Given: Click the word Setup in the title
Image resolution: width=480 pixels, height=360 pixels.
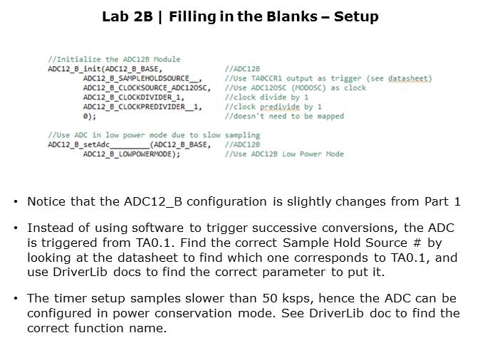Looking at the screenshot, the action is (x=356, y=17).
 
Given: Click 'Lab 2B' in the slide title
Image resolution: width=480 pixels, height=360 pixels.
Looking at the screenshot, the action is (x=127, y=16).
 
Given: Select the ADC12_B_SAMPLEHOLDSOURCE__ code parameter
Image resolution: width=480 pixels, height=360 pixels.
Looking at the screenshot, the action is (x=142, y=78).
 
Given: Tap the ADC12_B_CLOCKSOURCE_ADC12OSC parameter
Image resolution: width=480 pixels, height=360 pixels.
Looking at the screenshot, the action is (x=147, y=88).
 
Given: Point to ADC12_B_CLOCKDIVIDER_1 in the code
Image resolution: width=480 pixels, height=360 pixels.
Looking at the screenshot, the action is (x=134, y=97).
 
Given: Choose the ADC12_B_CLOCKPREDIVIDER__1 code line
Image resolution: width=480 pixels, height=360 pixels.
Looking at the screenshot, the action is (x=142, y=107).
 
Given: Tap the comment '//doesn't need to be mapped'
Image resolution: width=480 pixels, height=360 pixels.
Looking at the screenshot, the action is (x=284, y=117).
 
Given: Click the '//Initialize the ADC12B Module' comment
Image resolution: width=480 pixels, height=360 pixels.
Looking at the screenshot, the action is (x=114, y=59).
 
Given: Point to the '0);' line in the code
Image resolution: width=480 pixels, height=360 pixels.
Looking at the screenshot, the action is (x=90, y=117).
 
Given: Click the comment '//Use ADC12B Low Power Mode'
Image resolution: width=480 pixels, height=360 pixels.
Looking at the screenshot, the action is (x=284, y=154).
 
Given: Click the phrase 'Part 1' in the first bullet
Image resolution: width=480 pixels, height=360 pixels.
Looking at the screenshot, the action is (x=442, y=202).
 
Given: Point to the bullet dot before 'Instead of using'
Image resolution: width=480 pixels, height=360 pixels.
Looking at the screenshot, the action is (x=15, y=228).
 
